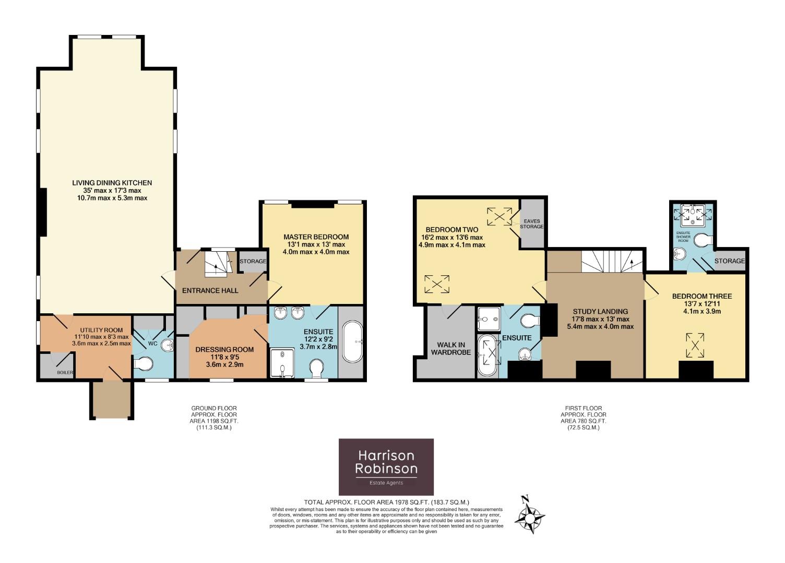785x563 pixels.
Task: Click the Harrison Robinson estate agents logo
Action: click(x=386, y=467)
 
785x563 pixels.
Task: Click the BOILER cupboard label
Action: click(x=65, y=372)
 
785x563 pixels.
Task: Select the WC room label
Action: click(x=152, y=344)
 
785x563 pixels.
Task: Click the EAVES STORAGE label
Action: click(x=532, y=224)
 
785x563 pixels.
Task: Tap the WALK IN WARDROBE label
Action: click(x=450, y=349)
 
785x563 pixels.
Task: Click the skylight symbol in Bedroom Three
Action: click(x=695, y=345)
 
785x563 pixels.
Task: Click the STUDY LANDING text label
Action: click(x=600, y=311)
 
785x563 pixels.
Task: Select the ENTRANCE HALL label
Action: click(x=210, y=290)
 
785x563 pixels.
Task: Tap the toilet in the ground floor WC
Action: click(x=144, y=364)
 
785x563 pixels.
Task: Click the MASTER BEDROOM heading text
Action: click(x=316, y=237)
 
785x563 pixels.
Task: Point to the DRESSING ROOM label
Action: click(x=224, y=349)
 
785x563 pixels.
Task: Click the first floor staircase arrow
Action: click(x=632, y=265)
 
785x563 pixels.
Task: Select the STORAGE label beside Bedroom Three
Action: click(x=730, y=261)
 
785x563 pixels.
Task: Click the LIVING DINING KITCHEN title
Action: click(x=112, y=182)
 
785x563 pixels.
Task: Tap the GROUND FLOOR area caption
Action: click(x=214, y=418)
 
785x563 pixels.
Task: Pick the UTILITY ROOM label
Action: click(x=101, y=330)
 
